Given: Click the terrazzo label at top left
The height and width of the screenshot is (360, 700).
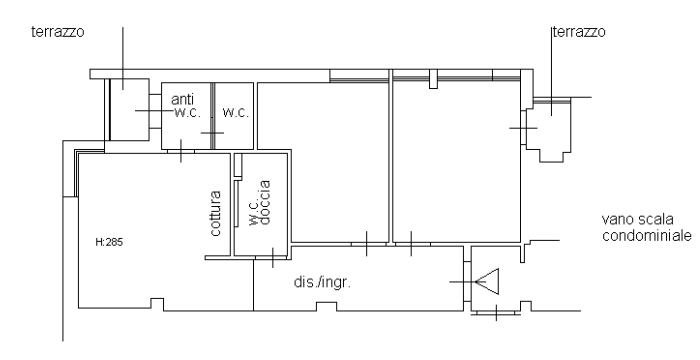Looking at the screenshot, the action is coord(58,32).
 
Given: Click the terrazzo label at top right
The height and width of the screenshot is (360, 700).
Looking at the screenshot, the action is coord(579,32).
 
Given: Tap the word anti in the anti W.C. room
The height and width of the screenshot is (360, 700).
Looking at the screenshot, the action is coord(183,99).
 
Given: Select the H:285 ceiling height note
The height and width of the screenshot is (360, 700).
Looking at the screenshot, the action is coord(109,242).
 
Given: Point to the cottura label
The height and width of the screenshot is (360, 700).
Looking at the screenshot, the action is coord(215,213).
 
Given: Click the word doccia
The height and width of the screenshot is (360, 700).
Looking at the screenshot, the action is coord(265,202).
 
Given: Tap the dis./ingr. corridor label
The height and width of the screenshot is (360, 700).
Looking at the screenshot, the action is coord(322,282).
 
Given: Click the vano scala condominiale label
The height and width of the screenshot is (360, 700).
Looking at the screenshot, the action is coord(646,227).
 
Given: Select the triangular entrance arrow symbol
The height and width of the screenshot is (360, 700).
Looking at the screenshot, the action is coord(487,282).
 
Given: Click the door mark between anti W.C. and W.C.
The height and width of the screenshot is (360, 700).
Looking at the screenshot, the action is coord(212,133).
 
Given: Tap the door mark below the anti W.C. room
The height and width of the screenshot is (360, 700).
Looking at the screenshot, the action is coord(181,151).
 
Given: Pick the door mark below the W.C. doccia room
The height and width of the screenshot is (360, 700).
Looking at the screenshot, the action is coord(273,258).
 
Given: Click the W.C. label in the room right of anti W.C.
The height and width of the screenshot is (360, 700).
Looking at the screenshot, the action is coord(235,113).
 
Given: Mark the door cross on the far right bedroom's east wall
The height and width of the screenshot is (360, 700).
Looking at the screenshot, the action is coord(523,128).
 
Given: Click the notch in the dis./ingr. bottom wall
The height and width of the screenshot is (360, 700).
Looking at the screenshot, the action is coord(326,306).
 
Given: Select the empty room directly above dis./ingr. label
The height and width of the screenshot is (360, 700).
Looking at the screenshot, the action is coord(324,163).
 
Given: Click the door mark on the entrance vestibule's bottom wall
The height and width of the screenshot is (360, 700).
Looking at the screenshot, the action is coord(496,313).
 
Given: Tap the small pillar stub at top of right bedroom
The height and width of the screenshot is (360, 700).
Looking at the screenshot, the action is coord(433,79).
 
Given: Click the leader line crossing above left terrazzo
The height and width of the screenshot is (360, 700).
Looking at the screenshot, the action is coord(123,58).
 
